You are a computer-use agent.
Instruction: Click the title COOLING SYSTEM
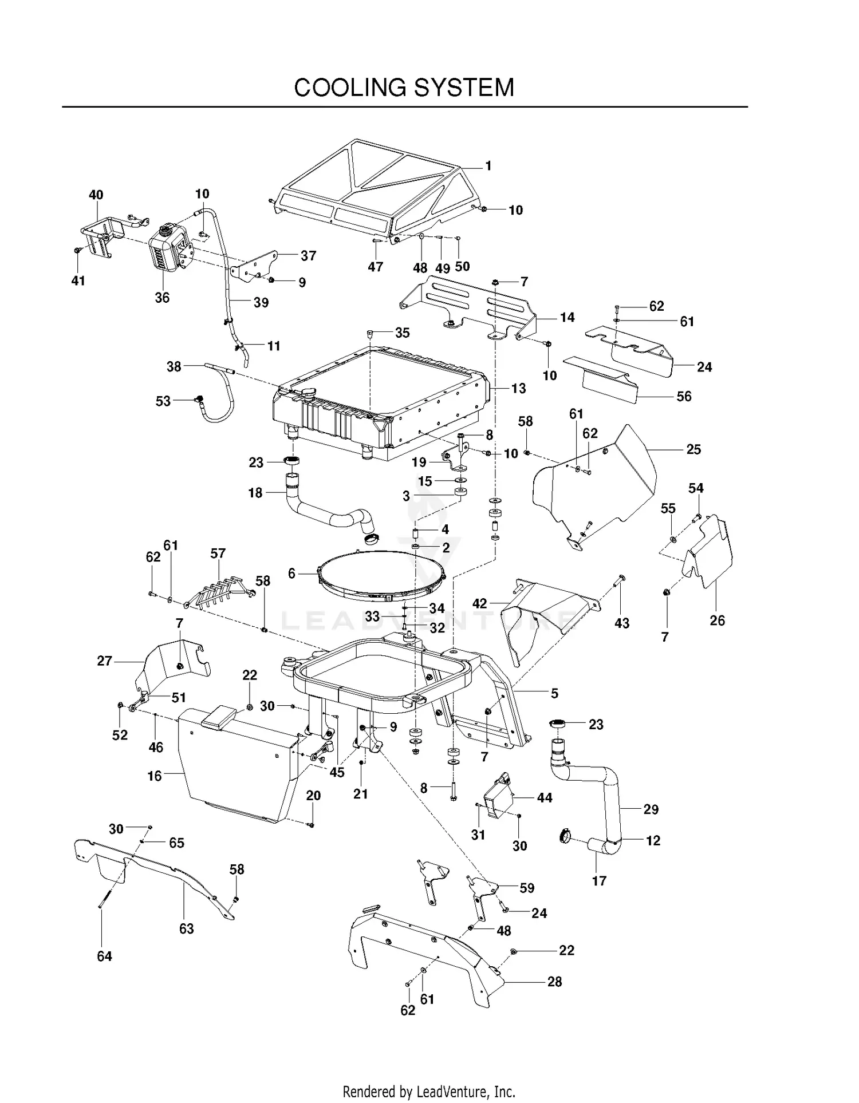point(404,88)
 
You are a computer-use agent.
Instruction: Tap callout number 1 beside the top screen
point(488,166)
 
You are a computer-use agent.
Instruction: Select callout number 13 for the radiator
point(518,389)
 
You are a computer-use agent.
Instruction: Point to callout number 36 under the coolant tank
point(162,298)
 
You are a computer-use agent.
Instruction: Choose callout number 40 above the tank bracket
point(96,195)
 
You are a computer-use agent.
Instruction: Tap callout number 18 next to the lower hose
point(255,493)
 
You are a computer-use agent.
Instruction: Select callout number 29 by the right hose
point(651,809)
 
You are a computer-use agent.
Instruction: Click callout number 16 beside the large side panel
point(155,776)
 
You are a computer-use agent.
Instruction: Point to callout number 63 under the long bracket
point(187,928)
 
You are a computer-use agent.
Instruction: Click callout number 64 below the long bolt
point(104,956)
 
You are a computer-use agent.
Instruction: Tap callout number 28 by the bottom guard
point(554,982)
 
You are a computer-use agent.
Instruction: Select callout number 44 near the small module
point(544,798)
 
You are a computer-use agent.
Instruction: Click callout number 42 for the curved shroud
point(479,603)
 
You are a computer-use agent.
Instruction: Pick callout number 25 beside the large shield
point(693,449)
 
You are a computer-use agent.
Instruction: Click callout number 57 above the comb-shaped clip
point(218,554)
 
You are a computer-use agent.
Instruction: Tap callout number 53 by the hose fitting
point(163,401)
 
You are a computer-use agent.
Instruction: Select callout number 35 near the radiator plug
point(403,333)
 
